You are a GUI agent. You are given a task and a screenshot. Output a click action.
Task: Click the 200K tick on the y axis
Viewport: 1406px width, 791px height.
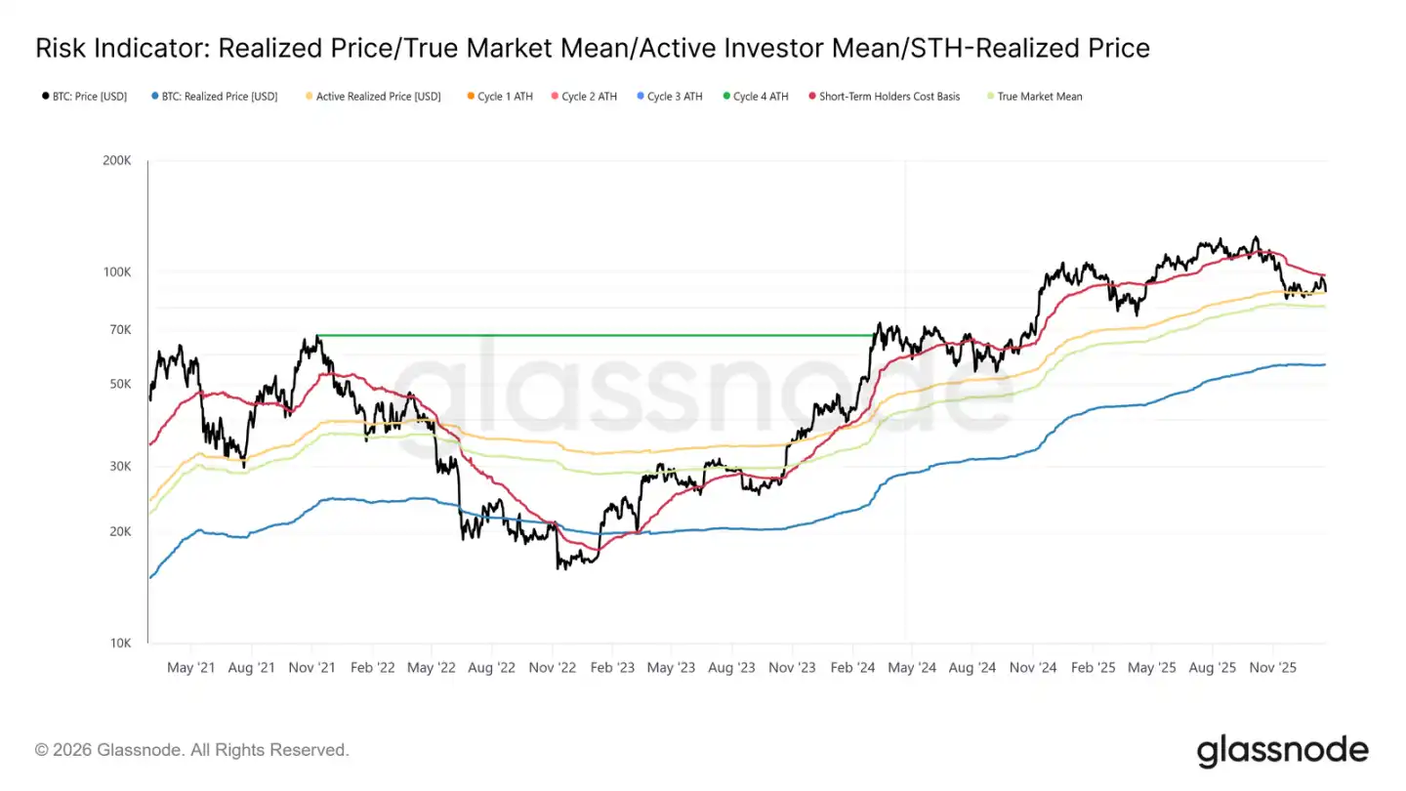click(x=117, y=160)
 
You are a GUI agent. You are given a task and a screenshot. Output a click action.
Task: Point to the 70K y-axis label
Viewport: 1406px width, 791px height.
click(x=120, y=330)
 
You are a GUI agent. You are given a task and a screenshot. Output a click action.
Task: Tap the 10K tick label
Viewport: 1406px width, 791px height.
click(x=120, y=643)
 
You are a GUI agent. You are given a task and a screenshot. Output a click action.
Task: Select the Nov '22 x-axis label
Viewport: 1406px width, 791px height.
click(x=552, y=668)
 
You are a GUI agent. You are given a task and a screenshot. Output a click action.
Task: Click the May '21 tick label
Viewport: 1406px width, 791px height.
click(x=191, y=668)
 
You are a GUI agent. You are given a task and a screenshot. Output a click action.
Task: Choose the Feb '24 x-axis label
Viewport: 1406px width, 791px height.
click(x=852, y=668)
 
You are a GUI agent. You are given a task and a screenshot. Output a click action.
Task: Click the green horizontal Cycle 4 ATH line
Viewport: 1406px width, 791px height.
click(x=586, y=336)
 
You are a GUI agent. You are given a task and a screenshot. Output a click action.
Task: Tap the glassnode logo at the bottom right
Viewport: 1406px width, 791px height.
click(x=1282, y=750)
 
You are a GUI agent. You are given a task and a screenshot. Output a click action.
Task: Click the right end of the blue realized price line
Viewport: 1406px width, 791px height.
click(x=1324, y=364)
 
